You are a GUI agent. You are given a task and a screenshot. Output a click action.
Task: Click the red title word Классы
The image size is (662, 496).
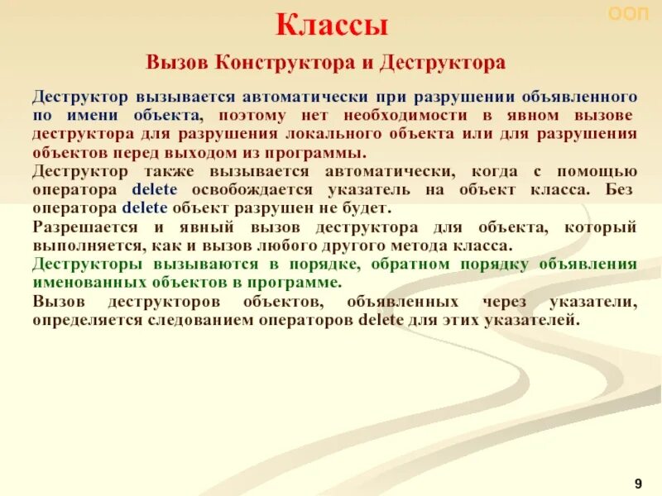[x=331, y=26]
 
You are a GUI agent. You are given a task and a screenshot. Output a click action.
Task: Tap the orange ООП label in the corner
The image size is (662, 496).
[x=628, y=14]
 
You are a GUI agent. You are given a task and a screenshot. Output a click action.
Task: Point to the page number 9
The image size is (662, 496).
[x=638, y=483]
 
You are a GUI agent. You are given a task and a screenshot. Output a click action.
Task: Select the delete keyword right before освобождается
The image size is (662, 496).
[x=149, y=189]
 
